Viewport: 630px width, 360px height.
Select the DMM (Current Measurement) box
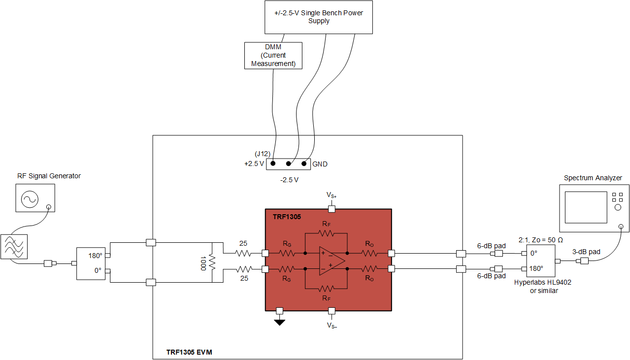(x=273, y=55)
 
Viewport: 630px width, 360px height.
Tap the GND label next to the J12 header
(x=320, y=164)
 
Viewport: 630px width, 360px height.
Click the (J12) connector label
(x=263, y=154)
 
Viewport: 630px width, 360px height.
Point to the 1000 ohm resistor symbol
(x=212, y=262)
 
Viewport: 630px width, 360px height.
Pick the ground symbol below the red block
(x=280, y=323)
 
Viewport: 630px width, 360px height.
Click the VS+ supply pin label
(x=332, y=196)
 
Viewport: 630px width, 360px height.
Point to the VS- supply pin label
(x=332, y=326)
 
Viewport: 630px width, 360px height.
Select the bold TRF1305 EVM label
(x=189, y=353)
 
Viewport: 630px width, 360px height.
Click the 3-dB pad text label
(x=586, y=252)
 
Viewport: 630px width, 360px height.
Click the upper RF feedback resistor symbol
(x=326, y=233)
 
